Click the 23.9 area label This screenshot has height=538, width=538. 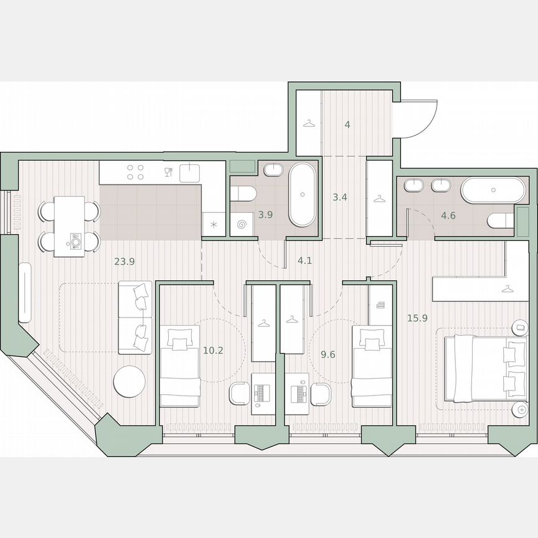coord(125,262)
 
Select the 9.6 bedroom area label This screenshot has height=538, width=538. coord(328,354)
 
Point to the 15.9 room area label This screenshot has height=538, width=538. coord(417,318)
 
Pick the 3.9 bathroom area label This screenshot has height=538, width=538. coord(266,215)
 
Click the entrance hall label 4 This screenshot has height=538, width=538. coord(347,125)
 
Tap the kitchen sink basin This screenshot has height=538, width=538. coord(190,172)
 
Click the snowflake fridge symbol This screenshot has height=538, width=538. coord(214,225)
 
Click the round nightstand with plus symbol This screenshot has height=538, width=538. coord(519,409)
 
